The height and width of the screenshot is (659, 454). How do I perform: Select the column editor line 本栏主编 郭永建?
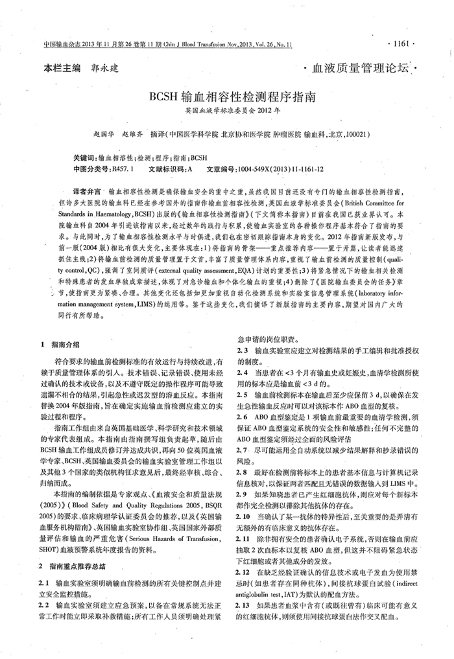[82, 67]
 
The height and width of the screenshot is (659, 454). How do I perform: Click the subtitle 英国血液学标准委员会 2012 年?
[227, 111]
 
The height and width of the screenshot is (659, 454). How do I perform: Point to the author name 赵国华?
[104, 135]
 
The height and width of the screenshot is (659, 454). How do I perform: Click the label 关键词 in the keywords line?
[85, 158]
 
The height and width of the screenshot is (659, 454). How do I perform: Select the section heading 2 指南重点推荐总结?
[73, 566]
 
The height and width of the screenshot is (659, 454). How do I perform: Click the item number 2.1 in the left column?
[45, 583]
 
